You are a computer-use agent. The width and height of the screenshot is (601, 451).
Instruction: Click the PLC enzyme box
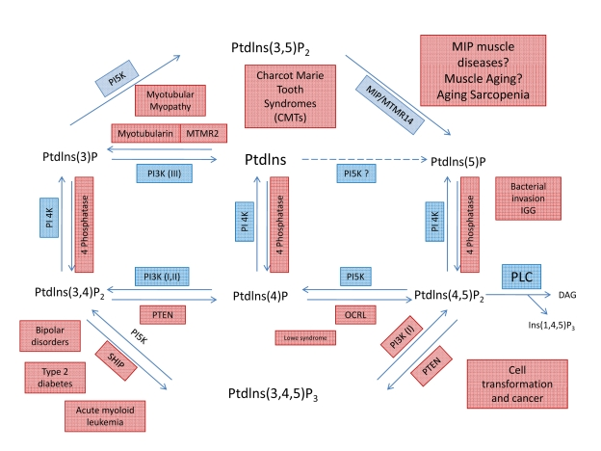click(x=520, y=278)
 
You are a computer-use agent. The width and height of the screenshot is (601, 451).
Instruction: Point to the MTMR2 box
click(x=201, y=133)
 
